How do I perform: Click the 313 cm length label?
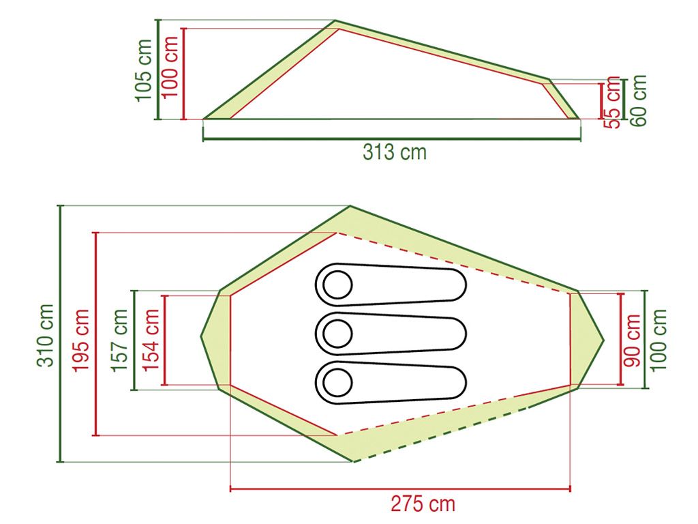(x=394, y=151)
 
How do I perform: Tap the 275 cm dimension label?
(x=423, y=504)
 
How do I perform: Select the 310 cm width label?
(x=46, y=334)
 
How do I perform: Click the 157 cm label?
(x=120, y=340)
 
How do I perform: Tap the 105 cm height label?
(x=144, y=70)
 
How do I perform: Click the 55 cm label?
(x=613, y=102)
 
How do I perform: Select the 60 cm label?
(x=639, y=100)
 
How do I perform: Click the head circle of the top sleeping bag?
(x=337, y=285)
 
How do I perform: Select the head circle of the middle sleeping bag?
(x=337, y=334)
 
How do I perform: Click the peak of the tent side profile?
(x=335, y=21)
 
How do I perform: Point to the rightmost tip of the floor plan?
(x=604, y=339)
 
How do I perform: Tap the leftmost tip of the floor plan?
(x=201, y=336)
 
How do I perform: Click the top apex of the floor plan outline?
(x=350, y=206)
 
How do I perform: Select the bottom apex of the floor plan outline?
(x=353, y=462)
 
